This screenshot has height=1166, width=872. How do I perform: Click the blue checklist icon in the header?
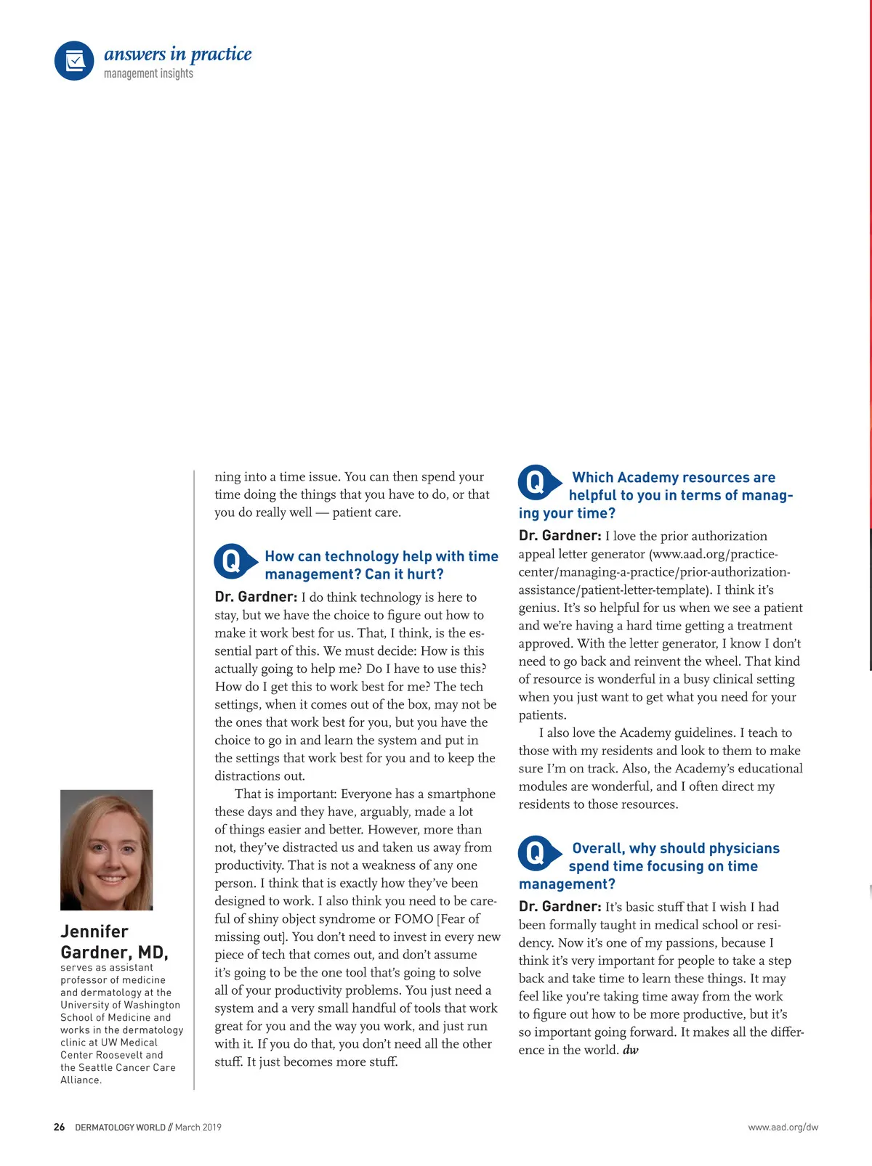74,60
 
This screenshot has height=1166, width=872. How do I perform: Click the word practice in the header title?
221,54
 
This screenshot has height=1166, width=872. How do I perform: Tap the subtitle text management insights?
148,74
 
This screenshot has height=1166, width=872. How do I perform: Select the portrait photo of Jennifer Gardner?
107,849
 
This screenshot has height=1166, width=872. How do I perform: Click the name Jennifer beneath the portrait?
94,931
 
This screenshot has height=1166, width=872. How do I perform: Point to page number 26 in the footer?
59,1127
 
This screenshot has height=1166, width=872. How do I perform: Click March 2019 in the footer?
198,1127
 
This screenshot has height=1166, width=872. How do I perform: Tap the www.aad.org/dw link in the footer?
783,1127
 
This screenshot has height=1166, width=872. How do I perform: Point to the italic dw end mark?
631,1050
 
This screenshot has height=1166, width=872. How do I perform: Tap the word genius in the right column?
538,608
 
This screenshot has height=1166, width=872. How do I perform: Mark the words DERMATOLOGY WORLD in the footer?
120,1127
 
